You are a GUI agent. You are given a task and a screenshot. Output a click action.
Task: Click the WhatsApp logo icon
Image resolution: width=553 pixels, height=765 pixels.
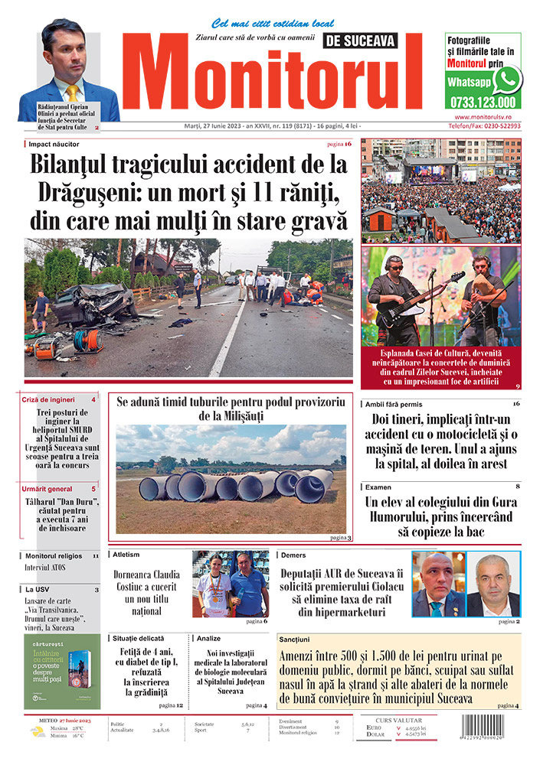coord(507,79)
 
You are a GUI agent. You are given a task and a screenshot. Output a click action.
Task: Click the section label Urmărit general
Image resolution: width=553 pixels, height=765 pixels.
coord(47,488)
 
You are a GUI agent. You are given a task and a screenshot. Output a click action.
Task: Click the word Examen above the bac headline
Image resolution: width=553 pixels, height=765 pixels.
coord(378,487)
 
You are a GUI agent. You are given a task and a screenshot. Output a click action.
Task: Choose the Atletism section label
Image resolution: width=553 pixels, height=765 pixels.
coord(126,554)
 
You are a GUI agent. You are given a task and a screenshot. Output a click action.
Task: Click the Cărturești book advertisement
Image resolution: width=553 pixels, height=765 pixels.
coord(61,671)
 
